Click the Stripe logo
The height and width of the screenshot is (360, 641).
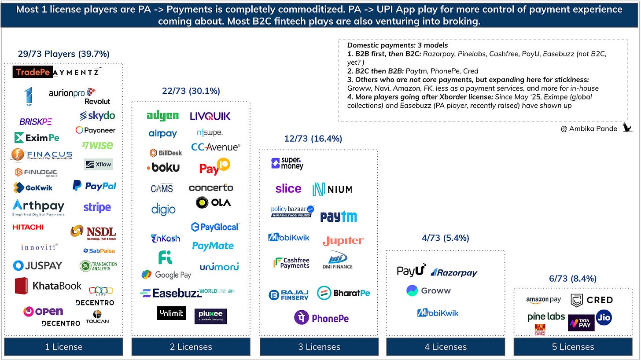97,207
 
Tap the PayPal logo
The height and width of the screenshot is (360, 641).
95,186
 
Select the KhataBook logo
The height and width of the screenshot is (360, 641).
48,286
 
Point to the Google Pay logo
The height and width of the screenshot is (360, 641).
166,275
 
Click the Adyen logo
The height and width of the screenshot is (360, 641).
162,116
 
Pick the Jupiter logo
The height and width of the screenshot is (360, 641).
343,241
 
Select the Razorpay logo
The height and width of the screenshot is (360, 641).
454,273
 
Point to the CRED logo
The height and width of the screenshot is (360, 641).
592,300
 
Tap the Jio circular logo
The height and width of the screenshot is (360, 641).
604,317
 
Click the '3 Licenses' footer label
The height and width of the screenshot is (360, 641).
319,347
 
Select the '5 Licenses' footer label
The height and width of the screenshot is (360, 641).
573,347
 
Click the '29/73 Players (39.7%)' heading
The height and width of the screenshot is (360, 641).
63,54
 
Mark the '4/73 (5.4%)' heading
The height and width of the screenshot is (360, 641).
445,238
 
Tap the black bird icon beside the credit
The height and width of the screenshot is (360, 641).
627,128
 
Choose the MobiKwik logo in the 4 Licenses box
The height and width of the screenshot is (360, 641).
438,313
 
